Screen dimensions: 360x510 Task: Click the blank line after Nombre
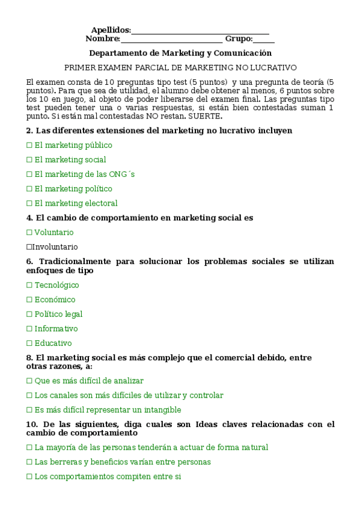coord(172,40)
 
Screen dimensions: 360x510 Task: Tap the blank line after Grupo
coord(264,40)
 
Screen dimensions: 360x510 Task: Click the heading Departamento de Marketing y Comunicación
coord(180,54)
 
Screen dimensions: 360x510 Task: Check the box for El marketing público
coord(29,146)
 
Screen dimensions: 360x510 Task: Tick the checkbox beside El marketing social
coord(29,160)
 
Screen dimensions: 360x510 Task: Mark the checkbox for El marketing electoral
coord(29,204)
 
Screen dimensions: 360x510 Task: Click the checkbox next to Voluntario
coord(29,233)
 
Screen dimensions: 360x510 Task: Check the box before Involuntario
coord(29,247)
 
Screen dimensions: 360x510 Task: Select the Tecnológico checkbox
coord(29,286)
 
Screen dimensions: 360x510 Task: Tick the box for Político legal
coord(29,315)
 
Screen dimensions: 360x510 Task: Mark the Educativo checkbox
coord(29,343)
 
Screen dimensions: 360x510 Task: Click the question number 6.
coord(29,262)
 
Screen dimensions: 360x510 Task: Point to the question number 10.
coord(31,425)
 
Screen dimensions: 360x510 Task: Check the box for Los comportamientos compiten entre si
coord(29,477)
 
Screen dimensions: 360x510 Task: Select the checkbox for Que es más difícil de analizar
coord(29,381)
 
